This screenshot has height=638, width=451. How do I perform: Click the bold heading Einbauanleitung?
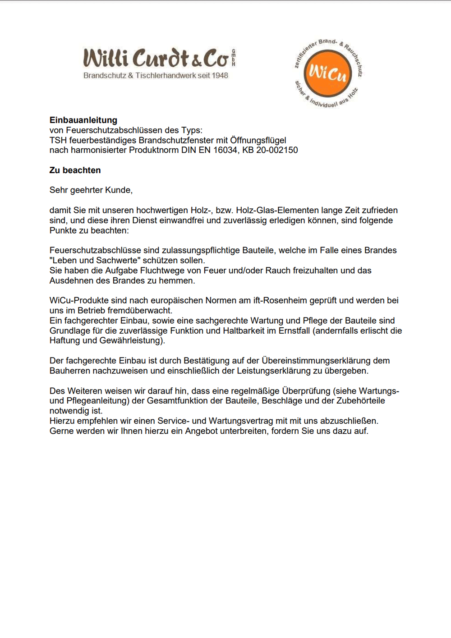click(x=83, y=120)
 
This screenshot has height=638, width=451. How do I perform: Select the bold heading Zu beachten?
click(x=75, y=170)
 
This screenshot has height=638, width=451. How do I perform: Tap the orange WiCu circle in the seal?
click(x=328, y=73)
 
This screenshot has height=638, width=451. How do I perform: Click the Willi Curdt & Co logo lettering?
click(x=156, y=58)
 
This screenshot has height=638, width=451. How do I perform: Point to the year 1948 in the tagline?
click(x=220, y=75)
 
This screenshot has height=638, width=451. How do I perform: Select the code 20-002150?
click(x=277, y=150)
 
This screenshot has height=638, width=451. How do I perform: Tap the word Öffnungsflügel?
click(x=258, y=140)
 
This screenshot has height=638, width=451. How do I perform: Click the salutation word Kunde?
click(x=119, y=190)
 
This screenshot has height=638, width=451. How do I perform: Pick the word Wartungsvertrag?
click(x=239, y=421)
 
